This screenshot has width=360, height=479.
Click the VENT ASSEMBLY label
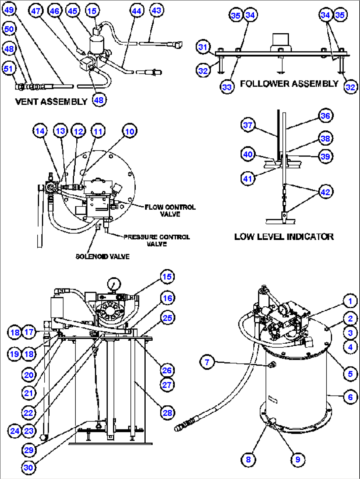pyautogui.click(x=51, y=102)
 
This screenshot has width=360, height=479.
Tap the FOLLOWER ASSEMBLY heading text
pyautogui.click(x=289, y=84)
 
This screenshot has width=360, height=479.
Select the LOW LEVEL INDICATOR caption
pyautogui.click(x=284, y=237)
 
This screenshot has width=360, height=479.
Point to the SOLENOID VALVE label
pyautogui.click(x=102, y=257)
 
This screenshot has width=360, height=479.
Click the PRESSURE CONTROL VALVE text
pyautogui.click(x=157, y=240)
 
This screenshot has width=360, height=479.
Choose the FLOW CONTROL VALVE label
pyautogui.click(x=170, y=211)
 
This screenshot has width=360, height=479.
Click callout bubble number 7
pyautogui.click(x=207, y=362)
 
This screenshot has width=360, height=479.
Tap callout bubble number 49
pyautogui.click(x=9, y=10)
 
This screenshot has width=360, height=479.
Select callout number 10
pyautogui.click(x=129, y=131)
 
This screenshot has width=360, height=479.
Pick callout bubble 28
pyautogui.click(x=167, y=413)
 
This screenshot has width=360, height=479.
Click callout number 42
pyautogui.click(x=325, y=192)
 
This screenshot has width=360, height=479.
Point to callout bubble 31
pyautogui.click(x=203, y=47)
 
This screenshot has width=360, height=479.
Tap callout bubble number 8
pyautogui.click(x=248, y=459)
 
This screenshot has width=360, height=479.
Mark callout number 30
pyautogui.click(x=28, y=467)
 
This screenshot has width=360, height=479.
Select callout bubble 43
pyautogui.click(x=156, y=10)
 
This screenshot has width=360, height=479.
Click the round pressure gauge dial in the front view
pyautogui.click(x=114, y=284)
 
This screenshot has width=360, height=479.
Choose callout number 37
pyautogui.click(x=248, y=125)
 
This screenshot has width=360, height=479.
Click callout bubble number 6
pyautogui.click(x=350, y=397)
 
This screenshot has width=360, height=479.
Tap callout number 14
pyautogui.click(x=40, y=131)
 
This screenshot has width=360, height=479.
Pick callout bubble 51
pyautogui.click(x=8, y=69)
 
